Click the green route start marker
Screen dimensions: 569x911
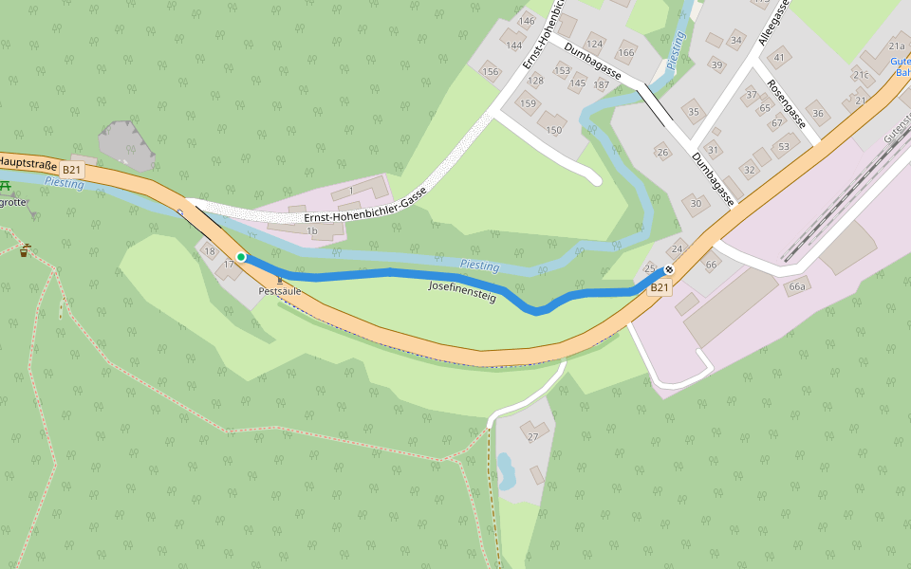click(x=241, y=257)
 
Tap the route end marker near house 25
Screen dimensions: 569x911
click(x=669, y=269)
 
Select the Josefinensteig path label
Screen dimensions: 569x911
click(x=462, y=291)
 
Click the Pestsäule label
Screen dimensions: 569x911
click(x=279, y=291)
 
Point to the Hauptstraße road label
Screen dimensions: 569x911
click(x=28, y=163)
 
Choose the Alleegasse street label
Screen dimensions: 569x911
click(x=773, y=23)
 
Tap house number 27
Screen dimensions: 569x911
click(x=532, y=436)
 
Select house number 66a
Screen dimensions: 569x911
click(x=797, y=286)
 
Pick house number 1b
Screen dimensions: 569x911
click(x=311, y=230)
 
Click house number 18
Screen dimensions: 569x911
click(x=210, y=250)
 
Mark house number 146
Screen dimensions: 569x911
click(x=527, y=21)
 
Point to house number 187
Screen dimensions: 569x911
click(x=601, y=85)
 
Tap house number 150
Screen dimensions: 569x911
click(x=554, y=130)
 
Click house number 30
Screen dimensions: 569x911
click(x=696, y=203)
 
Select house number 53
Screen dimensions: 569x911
click(x=783, y=147)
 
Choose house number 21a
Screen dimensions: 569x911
click(x=897, y=46)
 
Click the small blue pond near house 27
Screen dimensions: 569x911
click(x=505, y=468)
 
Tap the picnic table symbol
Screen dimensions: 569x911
click(x=9, y=186)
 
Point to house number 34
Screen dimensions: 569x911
click(x=735, y=40)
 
